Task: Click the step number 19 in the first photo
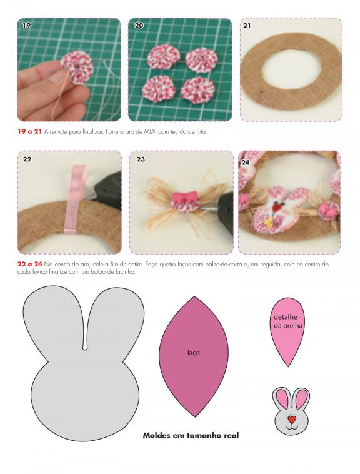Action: pyautogui.click(x=27, y=26)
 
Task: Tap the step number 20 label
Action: pyautogui.click(x=139, y=26)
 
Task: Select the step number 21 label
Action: pyautogui.click(x=247, y=26)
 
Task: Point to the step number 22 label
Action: pyautogui.click(x=27, y=159)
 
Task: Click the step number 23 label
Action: pyautogui.click(x=141, y=159)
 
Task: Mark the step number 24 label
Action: pyautogui.click(x=246, y=163)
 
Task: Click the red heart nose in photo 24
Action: pyautogui.click(x=276, y=208)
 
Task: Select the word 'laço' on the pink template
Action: pyautogui.click(x=194, y=353)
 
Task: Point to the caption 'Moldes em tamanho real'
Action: pyautogui.click(x=191, y=436)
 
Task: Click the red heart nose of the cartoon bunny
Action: pyautogui.click(x=291, y=420)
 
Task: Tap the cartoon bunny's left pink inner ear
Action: pyautogui.click(x=282, y=398)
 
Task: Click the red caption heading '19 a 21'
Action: pyautogui.click(x=29, y=132)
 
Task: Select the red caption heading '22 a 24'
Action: pyautogui.click(x=29, y=265)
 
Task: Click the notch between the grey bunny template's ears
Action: pyautogui.click(x=85, y=348)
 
